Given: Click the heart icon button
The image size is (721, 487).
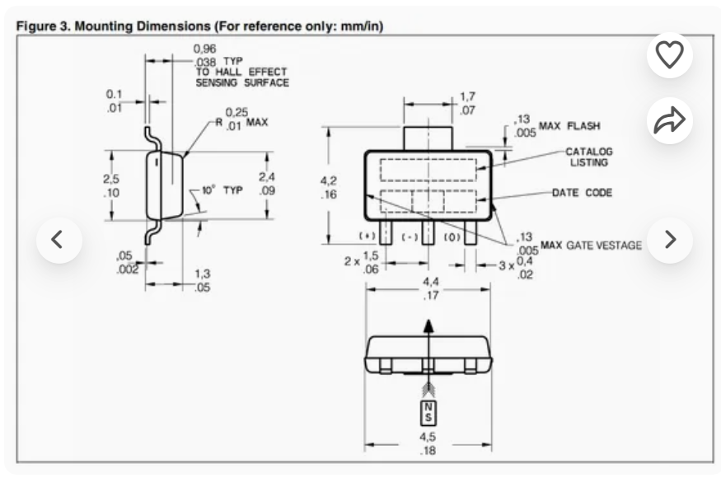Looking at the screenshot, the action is (x=669, y=54).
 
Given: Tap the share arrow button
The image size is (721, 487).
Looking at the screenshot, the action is (x=669, y=120).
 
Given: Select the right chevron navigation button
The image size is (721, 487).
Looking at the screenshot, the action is (x=669, y=240).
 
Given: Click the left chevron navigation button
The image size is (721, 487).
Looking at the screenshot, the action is (x=59, y=240).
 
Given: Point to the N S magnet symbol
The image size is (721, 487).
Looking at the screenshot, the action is (x=428, y=413).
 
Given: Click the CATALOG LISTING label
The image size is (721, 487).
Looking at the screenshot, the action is (x=589, y=157).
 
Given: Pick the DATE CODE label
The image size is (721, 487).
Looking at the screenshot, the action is (x=582, y=193).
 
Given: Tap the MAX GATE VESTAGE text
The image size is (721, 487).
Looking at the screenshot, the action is (x=591, y=245).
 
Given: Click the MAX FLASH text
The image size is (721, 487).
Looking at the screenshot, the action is (x=569, y=126).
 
